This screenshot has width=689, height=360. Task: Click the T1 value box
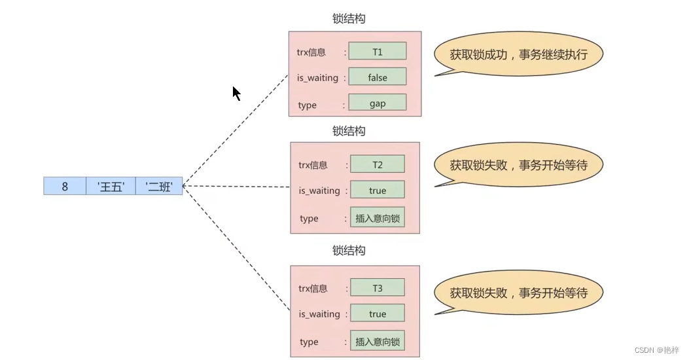[378, 51]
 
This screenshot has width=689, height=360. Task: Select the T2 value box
[378, 164]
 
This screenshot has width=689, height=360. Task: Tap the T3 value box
[378, 287]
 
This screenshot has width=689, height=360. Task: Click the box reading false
[378, 77]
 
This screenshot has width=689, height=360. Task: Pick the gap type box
[378, 103]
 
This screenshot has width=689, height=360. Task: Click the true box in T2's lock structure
[378, 190]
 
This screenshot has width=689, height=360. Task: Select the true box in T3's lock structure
[378, 314]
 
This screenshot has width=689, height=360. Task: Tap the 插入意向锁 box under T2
[378, 218]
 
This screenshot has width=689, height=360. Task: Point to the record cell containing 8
[65, 186]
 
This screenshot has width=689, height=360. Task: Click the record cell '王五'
[111, 186]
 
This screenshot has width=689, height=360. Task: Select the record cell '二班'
[159, 186]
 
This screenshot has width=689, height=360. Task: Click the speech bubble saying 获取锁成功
[518, 55]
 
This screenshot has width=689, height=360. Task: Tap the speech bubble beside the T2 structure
[518, 165]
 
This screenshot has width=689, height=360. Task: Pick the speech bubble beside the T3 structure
[518, 293]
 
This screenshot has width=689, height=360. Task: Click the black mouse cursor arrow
[236, 93]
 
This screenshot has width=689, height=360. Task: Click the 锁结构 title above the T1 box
[349, 19]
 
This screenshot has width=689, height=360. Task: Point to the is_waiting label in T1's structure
[318, 78]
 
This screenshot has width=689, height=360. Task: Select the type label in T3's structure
[309, 342]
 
